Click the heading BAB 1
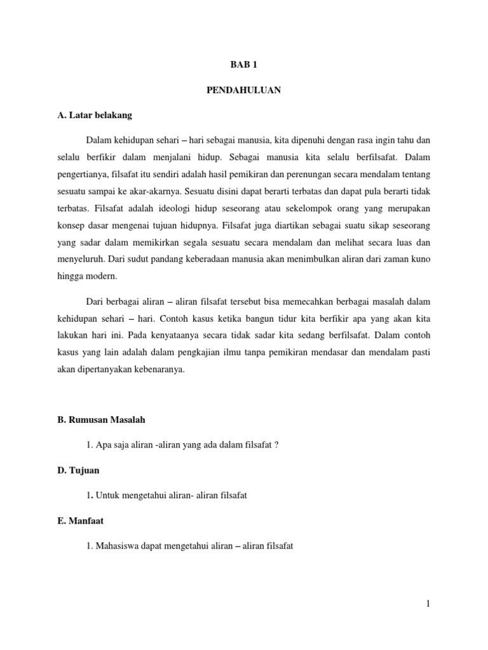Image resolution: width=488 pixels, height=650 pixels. point(243,65)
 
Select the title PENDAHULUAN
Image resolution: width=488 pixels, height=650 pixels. point(243,90)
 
